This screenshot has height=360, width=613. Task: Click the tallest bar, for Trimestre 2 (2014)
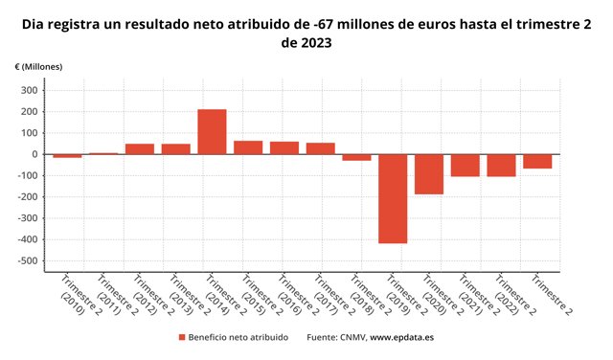[x=212, y=131]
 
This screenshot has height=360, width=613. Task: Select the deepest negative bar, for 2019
[x=393, y=198]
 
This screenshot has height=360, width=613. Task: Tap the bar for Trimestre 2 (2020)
[x=429, y=174]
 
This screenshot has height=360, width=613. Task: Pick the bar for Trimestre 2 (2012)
[x=140, y=148]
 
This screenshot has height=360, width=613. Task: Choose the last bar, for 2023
[x=537, y=161]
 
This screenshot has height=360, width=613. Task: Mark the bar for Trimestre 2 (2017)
[x=321, y=148]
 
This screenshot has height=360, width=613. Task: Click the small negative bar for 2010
[x=67, y=155]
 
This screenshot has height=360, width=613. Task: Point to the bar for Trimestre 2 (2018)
[x=356, y=157]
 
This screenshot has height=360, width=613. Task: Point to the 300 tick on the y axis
[x=28, y=91]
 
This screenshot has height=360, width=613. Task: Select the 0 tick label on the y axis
[x=34, y=154]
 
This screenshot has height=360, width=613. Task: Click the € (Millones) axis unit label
[x=38, y=65]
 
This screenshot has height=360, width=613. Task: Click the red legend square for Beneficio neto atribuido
[x=181, y=338]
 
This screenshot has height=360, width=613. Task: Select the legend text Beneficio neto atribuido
[x=238, y=338]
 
